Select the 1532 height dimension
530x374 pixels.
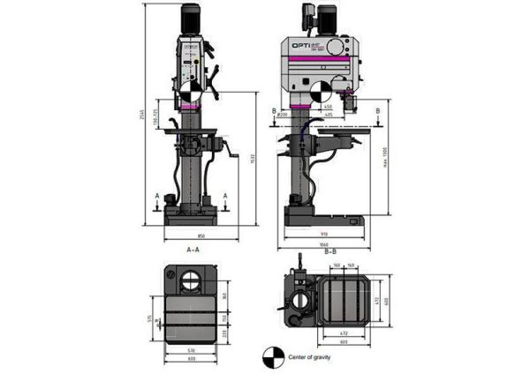point(252,159)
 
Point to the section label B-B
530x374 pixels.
point(330,252)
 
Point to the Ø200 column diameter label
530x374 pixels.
point(280,115)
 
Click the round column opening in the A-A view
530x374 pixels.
point(191,283)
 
